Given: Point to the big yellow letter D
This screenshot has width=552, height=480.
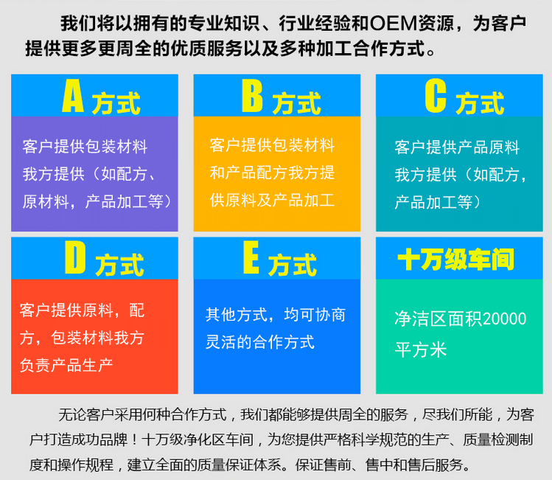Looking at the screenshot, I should click(x=75, y=258).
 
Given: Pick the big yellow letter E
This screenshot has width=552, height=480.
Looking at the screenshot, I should click(x=251, y=258).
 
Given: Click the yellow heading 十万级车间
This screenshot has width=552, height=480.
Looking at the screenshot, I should click(x=455, y=260).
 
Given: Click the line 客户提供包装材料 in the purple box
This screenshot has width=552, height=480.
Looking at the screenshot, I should click(x=85, y=146).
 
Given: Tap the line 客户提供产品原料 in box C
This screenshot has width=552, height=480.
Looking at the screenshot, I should click(x=457, y=147).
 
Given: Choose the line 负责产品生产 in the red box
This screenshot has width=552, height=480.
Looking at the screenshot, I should click(x=66, y=365).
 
